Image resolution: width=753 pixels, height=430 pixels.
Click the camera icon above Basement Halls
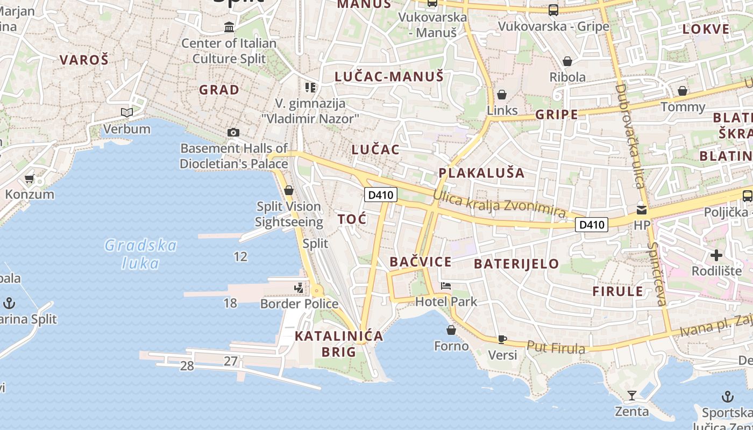[x=233, y=132]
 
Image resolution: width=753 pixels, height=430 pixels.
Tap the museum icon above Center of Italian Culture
[x=230, y=27]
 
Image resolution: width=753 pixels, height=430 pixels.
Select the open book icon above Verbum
[x=127, y=112]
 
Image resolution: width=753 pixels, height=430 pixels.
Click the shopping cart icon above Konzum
[x=29, y=178]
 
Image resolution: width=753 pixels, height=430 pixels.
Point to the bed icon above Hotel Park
[x=446, y=285]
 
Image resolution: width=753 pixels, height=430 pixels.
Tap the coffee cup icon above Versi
[x=502, y=339]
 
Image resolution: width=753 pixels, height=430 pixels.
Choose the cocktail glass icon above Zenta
[x=632, y=396]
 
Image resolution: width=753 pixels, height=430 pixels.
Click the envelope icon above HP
[x=642, y=210]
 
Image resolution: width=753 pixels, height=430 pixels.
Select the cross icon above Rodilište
[x=716, y=255]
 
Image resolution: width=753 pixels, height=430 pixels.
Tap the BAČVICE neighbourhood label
[x=421, y=262]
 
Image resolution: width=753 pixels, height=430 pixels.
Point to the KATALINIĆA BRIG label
[x=339, y=344]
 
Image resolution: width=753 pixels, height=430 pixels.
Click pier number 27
[x=231, y=361]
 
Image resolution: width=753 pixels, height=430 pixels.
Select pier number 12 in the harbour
[x=240, y=256]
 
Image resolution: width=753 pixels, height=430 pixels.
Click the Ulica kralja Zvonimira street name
[x=499, y=205]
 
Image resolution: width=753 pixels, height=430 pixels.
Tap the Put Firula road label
[x=556, y=348]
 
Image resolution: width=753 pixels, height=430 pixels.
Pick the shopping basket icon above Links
[x=502, y=95]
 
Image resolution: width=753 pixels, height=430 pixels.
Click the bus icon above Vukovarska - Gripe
[x=553, y=10]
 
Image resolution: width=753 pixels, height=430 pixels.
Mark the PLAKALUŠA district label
[x=481, y=173]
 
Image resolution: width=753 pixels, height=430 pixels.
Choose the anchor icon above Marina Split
[x=9, y=303]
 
